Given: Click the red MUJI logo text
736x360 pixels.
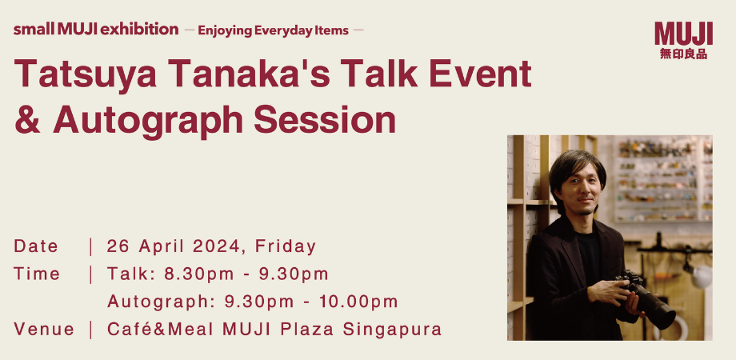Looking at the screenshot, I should point(683,34).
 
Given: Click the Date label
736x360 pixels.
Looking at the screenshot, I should point(36,246).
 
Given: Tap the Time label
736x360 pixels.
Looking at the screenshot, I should point(37,274).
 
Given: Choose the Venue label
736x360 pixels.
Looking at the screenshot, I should point(44,329).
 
